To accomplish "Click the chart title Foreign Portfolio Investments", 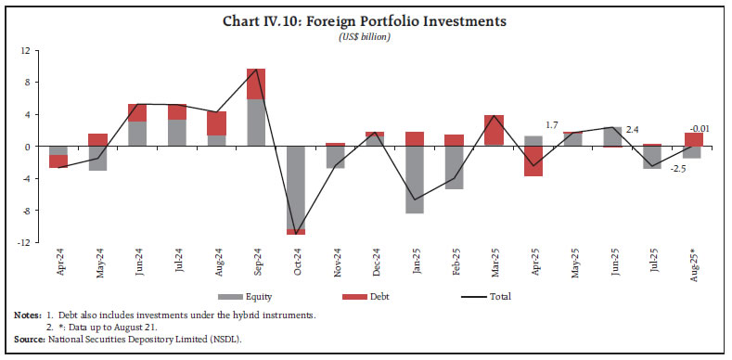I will pyautogui.click(x=366, y=19).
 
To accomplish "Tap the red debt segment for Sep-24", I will pyautogui.click(x=256, y=84).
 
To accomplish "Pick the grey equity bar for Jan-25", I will pyautogui.click(x=415, y=180).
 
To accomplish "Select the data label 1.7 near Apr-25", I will pyautogui.click(x=551, y=124).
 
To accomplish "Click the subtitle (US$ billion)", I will pyautogui.click(x=366, y=36).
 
